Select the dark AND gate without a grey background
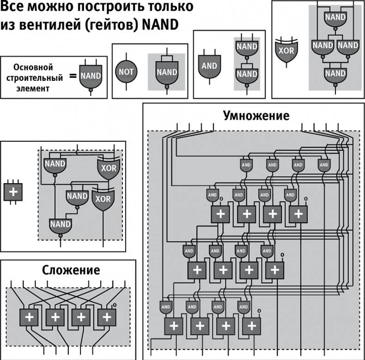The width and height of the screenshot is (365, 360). tap(209, 66)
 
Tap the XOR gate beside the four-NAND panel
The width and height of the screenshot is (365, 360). tap(286, 50)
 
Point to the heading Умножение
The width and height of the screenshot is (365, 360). tap(256, 114)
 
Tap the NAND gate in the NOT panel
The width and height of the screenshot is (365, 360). tap(167, 72)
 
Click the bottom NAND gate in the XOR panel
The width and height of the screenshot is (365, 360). tap(335, 73)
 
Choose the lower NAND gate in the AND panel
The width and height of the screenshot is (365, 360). tap(246, 74)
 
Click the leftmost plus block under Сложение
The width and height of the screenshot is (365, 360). tap(29, 317)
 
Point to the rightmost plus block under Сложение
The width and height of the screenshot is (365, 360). tap(107, 317)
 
